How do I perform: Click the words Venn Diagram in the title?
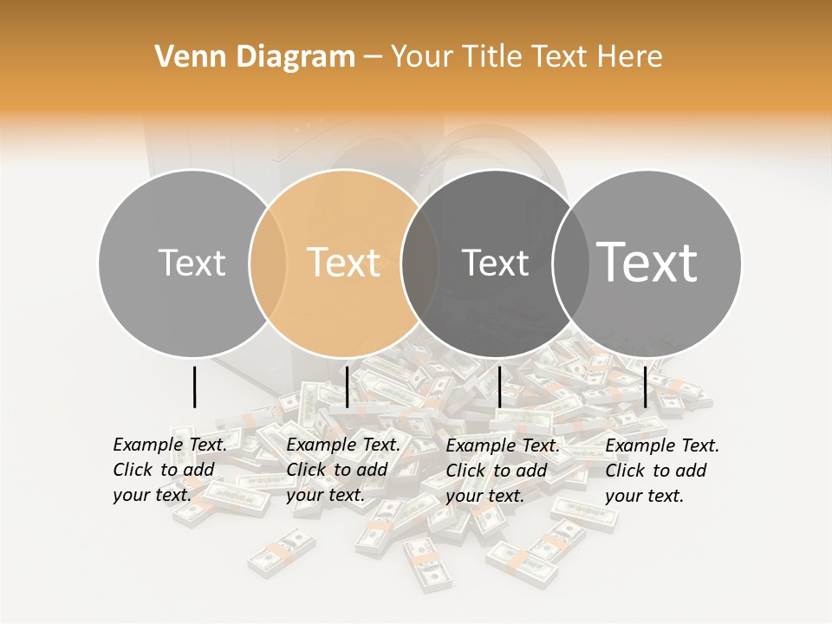[255, 57]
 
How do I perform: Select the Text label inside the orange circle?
[344, 263]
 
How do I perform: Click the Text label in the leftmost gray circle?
[192, 263]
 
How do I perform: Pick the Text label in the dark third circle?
[495, 263]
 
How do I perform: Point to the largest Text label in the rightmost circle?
[647, 262]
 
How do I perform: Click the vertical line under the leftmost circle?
[194, 387]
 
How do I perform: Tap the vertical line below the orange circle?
[347, 387]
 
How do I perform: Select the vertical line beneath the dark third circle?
[499, 387]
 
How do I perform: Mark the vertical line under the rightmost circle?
[646, 387]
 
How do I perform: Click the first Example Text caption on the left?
[170, 445]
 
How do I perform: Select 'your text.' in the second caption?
[325, 496]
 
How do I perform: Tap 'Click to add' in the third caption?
[497, 471]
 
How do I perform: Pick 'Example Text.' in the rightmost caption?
[662, 445]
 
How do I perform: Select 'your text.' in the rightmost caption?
[644, 496]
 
